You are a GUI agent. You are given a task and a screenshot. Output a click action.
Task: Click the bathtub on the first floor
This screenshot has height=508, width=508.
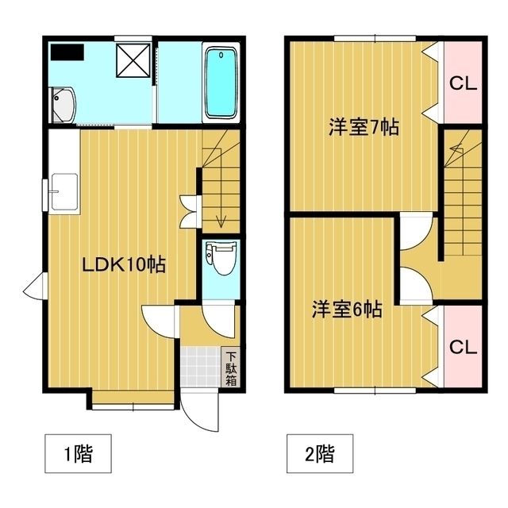pyautogui.click(x=221, y=83)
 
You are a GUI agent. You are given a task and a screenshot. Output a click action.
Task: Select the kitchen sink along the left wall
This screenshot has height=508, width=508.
pyautogui.click(x=64, y=192)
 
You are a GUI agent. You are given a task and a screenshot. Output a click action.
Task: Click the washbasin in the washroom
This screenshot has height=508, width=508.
pyautogui.click(x=63, y=106)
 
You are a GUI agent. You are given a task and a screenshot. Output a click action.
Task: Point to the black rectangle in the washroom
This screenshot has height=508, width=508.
pyautogui.click(x=67, y=52)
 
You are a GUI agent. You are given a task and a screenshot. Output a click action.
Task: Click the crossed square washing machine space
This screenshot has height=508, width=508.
pyautogui.click(x=133, y=60)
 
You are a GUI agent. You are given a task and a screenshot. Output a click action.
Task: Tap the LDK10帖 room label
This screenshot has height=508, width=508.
pyautogui.click(x=124, y=264)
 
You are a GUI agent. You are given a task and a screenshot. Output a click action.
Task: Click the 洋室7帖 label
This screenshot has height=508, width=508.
pyautogui.click(x=364, y=127)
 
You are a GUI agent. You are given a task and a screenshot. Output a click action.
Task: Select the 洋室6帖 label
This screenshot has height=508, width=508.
pyautogui.click(x=347, y=309)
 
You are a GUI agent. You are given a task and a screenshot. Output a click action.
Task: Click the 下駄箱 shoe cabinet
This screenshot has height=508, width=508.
pyautogui.click(x=231, y=368)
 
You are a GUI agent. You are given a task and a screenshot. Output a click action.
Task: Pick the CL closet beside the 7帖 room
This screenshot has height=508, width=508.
pyautogui.click(x=463, y=83)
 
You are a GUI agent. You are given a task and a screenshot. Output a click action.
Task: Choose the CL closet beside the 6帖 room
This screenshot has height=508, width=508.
pyautogui.click(x=463, y=347)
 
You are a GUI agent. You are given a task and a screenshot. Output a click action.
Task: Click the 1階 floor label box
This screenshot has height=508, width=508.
pyautogui.click(x=78, y=453)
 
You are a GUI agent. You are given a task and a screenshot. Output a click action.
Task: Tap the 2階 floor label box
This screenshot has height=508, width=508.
pyautogui.click(x=320, y=453)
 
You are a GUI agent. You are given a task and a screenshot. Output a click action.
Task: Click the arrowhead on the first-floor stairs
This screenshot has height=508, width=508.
pyautogui.click(x=221, y=223)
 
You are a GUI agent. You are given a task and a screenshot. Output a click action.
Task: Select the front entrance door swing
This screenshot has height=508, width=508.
pyautogui.click(x=200, y=411)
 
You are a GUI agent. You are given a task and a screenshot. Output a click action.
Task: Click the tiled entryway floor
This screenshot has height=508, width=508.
pyautogui.click(x=201, y=367)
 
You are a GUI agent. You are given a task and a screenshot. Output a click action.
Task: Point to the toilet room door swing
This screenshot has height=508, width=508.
pyautogui.click(x=218, y=319)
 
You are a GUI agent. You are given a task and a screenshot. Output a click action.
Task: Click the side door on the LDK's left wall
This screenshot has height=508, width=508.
pyautogui.click(x=36, y=287)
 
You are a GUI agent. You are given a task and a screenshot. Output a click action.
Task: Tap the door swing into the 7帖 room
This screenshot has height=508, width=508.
pyautogui.click(x=416, y=231)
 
